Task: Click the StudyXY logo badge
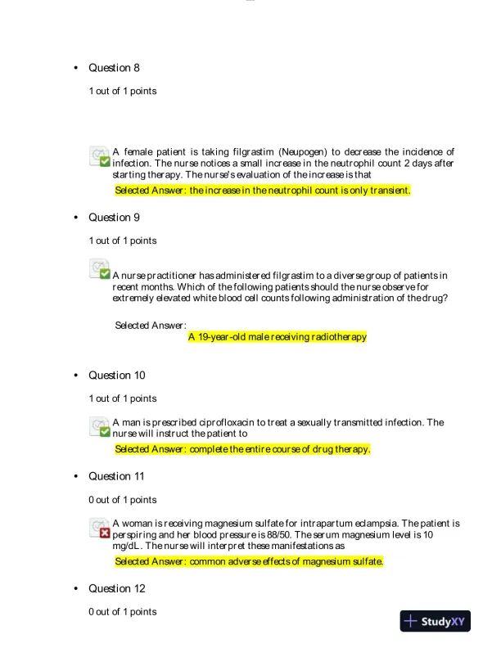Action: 436,621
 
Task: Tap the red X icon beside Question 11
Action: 105,533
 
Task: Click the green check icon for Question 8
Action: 105,162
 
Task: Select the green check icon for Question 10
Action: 105,432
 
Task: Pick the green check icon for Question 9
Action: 105,273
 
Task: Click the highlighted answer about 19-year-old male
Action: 277,336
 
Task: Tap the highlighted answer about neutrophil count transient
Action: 262,191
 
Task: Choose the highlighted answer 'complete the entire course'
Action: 242,449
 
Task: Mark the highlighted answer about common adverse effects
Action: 249,561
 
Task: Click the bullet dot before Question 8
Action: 76,68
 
